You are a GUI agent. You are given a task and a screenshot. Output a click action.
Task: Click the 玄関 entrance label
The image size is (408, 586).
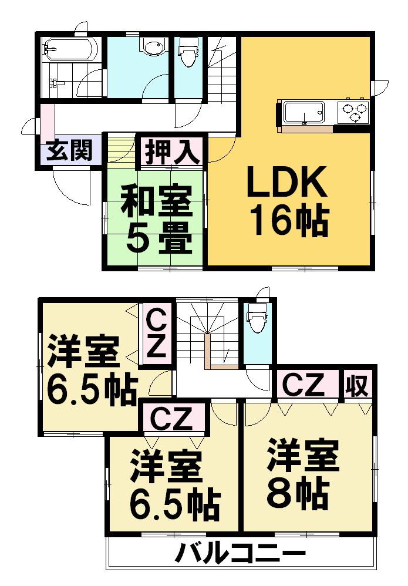pyautogui.click(x=70, y=151)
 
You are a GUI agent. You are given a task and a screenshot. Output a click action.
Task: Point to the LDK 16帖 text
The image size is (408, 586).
pyautogui.click(x=287, y=202)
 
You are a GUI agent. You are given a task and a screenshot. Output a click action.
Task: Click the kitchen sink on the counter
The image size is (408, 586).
pyautogui.click(x=303, y=112)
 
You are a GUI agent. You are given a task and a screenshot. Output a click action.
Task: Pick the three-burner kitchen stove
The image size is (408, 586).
pyautogui.click(x=352, y=112)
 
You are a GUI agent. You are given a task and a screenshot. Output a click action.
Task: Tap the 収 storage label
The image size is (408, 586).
pyautogui.click(x=357, y=385)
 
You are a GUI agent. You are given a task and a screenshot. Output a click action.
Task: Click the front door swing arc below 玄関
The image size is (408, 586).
pyautogui.click(x=70, y=187)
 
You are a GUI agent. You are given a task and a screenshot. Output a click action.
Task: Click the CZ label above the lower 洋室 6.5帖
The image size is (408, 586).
pyautogui.click(x=174, y=418)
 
